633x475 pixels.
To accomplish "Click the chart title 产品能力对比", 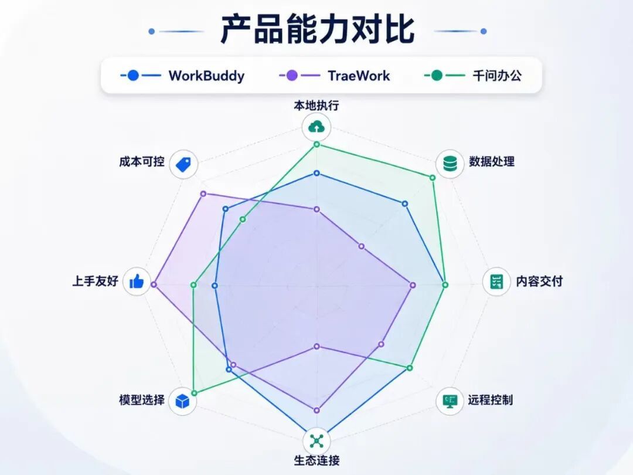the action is point(317,29).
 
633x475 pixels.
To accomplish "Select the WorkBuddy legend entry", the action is point(182,76).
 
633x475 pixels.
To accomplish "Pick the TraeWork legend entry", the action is point(335,76).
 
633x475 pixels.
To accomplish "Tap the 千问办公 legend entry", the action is point(473,76).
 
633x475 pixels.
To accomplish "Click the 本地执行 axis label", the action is point(316,106).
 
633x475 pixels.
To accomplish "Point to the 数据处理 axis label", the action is point(492,162).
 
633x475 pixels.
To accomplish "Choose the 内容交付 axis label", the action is point(539,281).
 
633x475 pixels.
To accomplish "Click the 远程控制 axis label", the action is point(491,400).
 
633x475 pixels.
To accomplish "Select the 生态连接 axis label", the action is point(317,460).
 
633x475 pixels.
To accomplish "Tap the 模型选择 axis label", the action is point(142,400).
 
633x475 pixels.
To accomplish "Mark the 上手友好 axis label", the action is point(96,281).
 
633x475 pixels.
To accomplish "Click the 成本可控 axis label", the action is point(142,162).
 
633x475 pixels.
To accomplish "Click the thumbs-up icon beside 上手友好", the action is point(137,281).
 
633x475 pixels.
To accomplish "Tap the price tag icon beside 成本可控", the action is point(183,164).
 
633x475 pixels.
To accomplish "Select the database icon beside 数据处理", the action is point(450,164).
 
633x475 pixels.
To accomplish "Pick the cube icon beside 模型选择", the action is point(182,401).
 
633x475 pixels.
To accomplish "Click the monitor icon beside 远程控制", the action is point(450,401).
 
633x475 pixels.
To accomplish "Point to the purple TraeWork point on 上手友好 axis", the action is point(154,285).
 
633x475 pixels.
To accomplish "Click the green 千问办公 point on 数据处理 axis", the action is point(433,178).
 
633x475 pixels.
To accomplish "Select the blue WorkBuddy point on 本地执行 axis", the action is point(317,173).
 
